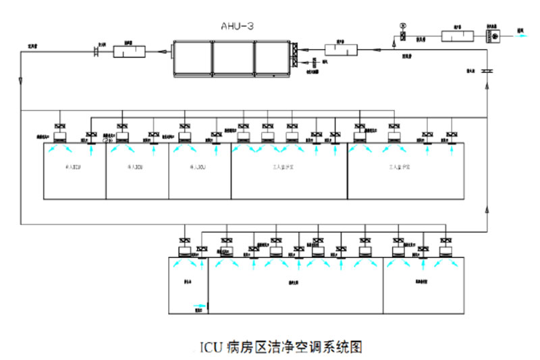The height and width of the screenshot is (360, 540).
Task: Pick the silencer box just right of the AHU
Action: point(335,49)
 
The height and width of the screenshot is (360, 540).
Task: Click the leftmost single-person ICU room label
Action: point(73,165)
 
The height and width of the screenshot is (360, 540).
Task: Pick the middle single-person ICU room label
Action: point(135,165)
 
